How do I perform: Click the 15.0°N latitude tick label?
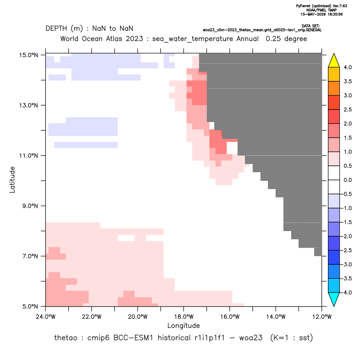(29, 55)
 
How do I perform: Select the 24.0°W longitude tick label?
(46, 317)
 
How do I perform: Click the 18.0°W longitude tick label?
(183, 317)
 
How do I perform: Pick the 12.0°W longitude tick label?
(322, 317)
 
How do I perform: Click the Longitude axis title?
(183, 325)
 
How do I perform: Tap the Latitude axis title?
(12, 180)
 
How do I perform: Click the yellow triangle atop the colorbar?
(334, 61)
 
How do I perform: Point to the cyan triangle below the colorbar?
(334, 299)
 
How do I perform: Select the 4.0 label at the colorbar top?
(347, 67)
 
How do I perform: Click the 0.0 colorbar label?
(347, 180)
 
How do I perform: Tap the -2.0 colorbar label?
(346, 236)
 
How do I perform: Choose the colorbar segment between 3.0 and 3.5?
(334, 88)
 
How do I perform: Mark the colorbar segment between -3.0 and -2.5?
(334, 257)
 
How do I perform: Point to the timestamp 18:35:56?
(335, 14)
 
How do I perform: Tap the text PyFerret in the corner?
(303, 6)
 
